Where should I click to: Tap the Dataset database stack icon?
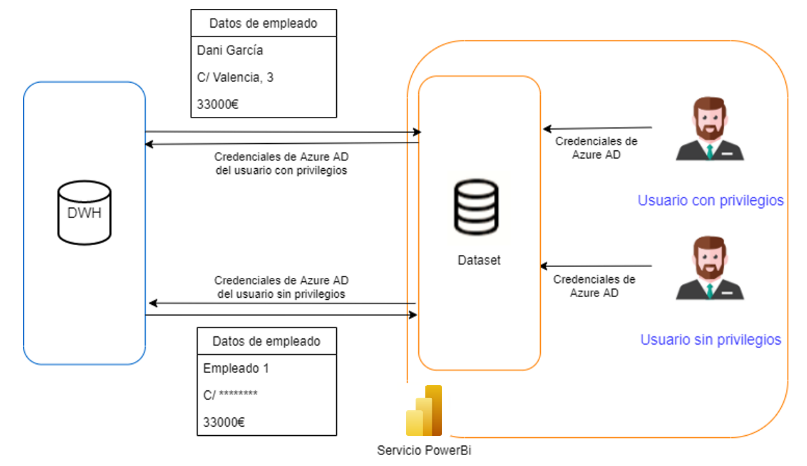pyautogui.click(x=475, y=207)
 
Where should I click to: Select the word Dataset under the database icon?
pyautogui.click(x=479, y=261)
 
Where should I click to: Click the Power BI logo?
pyautogui.click(x=424, y=411)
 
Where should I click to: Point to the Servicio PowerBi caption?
pyautogui.click(x=424, y=450)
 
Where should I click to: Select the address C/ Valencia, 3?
pyautogui.click(x=235, y=77)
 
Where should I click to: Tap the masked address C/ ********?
pyautogui.click(x=230, y=395)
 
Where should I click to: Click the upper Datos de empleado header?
pyautogui.click(x=263, y=23)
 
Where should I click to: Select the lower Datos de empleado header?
pyautogui.click(x=266, y=341)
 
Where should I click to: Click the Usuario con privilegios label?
pyautogui.click(x=710, y=200)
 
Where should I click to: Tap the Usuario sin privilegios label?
pyautogui.click(x=711, y=339)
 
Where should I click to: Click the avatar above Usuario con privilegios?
pyautogui.click(x=709, y=128)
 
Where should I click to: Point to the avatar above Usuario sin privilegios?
pyautogui.click(x=709, y=268)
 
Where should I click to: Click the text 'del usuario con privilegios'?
pyautogui.click(x=282, y=171)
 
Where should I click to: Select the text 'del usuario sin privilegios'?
pyautogui.click(x=281, y=294)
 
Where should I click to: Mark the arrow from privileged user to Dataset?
pyautogui.click(x=597, y=128)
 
